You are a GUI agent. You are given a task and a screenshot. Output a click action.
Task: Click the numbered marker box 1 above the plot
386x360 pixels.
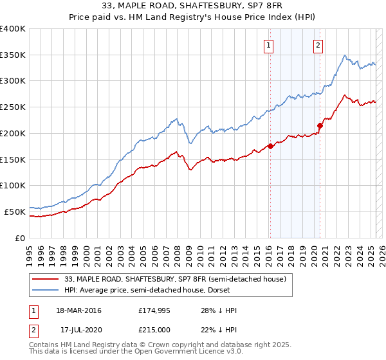268,45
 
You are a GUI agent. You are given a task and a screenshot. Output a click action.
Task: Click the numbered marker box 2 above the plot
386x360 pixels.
318,45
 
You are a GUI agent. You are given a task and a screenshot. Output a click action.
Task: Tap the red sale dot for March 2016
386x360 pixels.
270,146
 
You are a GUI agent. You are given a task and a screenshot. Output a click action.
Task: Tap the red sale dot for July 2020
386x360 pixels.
320,125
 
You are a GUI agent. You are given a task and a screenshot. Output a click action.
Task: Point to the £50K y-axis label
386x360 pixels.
14,211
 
